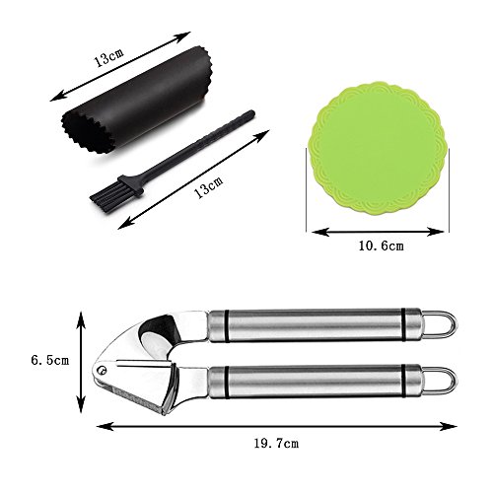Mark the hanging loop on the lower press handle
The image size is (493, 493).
pos(439,381)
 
